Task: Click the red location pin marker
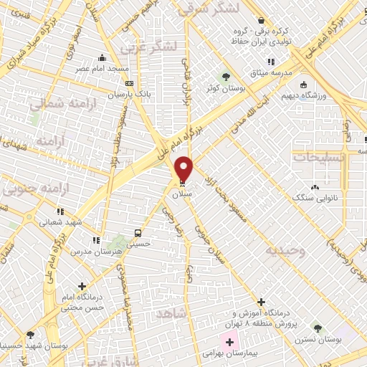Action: tap(184, 169)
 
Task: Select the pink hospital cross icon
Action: tap(229, 342)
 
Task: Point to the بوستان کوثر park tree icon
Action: tap(227, 77)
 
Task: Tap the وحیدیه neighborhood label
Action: tap(285, 250)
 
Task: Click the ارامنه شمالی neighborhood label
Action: tap(61, 104)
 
